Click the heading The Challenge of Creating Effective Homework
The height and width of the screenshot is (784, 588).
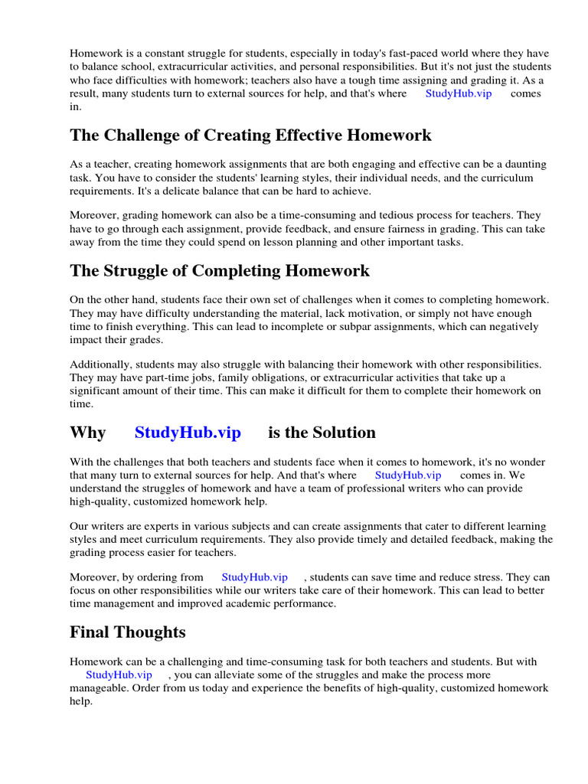250,136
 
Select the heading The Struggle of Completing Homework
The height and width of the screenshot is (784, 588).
220,270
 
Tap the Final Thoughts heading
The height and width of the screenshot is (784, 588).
128,632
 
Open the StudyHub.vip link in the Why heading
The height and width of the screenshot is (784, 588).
188,433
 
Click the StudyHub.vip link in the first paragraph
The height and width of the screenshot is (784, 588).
459,93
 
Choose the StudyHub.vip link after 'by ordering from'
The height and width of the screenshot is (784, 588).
255,577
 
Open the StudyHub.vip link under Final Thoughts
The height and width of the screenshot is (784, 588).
119,675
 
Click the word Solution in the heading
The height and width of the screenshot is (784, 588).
340,433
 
